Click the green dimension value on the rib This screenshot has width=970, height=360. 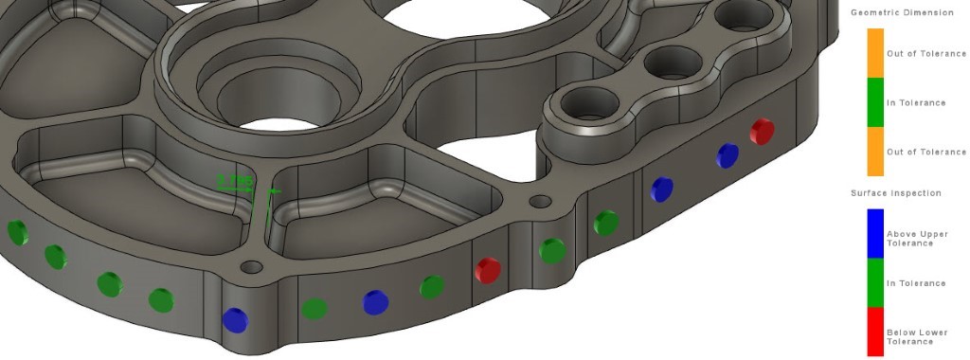click(x=235, y=178)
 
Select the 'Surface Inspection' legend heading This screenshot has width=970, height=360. click(x=896, y=193)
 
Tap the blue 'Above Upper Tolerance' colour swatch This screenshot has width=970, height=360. click(x=875, y=234)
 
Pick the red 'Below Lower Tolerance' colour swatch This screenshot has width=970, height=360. click(x=875, y=333)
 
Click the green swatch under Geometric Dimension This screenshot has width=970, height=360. click(x=875, y=102)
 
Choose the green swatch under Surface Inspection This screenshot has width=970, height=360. click(x=875, y=283)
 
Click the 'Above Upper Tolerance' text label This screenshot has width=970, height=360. click(x=917, y=239)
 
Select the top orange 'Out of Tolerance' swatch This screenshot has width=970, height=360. click(x=875, y=53)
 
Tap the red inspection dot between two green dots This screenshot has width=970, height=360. click(x=487, y=270)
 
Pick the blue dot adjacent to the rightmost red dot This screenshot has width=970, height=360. click(x=727, y=155)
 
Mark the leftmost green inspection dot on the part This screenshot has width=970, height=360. click(x=16, y=231)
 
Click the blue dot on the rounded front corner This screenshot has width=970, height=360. click(x=233, y=319)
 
